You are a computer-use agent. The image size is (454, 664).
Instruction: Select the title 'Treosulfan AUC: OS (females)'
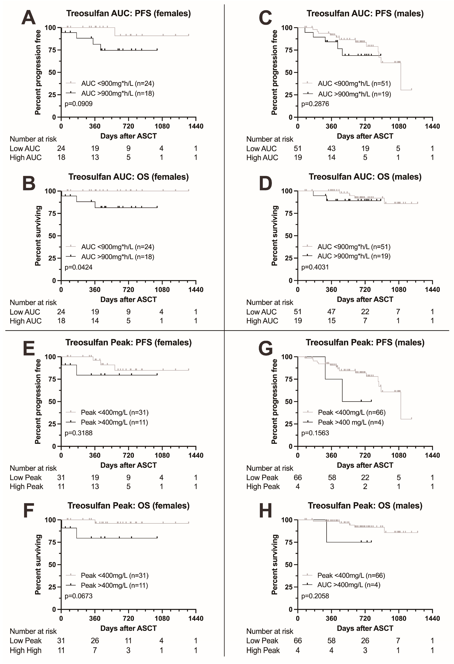(128, 177)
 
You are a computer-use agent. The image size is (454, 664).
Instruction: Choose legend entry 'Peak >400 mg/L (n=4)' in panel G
(351, 422)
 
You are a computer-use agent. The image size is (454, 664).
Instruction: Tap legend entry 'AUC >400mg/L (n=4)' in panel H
(349, 585)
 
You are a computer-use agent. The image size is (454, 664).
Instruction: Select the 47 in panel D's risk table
(331, 312)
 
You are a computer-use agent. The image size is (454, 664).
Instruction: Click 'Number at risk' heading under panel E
(33, 468)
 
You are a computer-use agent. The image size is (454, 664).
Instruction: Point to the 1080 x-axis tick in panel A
(162, 126)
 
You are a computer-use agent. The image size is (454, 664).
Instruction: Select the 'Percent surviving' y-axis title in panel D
(274, 236)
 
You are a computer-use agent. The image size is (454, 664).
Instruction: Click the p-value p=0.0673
(79, 596)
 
